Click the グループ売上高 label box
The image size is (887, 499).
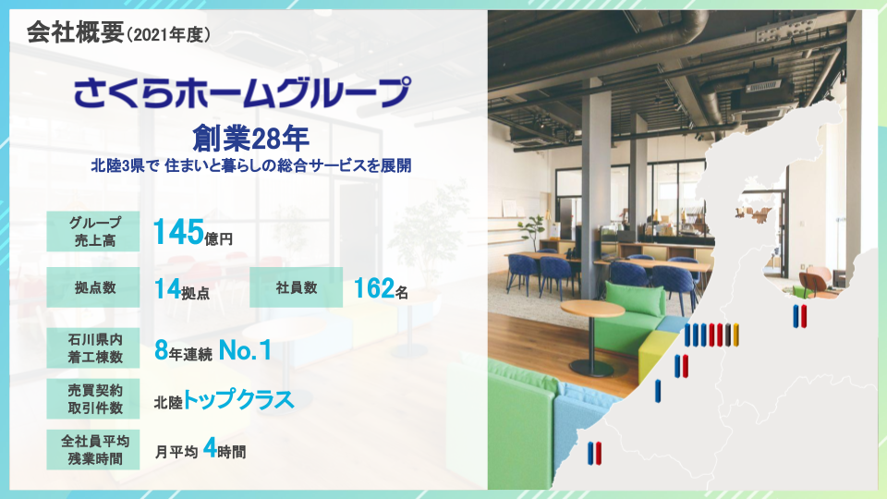click(x=93, y=231)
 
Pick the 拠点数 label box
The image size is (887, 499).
click(x=93, y=287)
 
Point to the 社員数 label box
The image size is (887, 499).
click(x=296, y=287)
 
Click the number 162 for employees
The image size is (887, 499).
click(x=373, y=288)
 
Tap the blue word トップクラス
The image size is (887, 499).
click(x=238, y=399)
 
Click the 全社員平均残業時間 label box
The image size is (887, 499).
click(x=93, y=451)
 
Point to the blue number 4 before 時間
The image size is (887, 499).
click(x=210, y=450)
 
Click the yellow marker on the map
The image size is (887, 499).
click(x=736, y=335)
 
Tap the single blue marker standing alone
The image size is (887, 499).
click(x=658, y=390)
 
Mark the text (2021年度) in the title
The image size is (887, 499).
click(x=170, y=36)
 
